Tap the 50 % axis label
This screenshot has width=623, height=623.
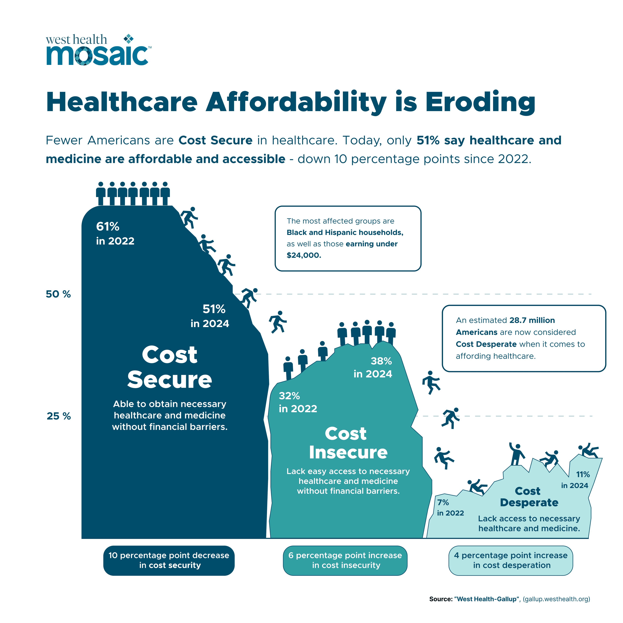point(58,294)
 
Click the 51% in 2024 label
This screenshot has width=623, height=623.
point(210,316)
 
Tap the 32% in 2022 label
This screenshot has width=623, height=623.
point(297,402)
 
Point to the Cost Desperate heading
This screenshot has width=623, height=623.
point(529,497)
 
